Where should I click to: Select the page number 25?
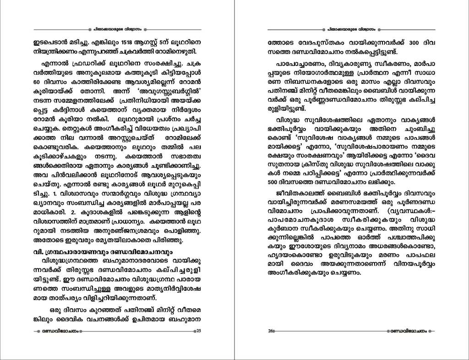[x=198, y=331]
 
